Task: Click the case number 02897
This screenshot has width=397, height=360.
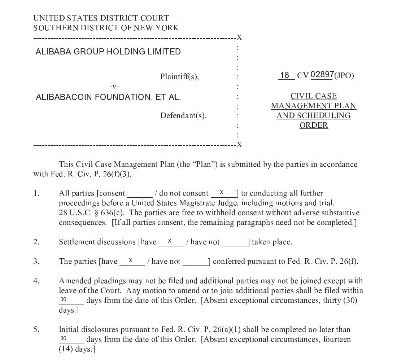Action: tap(322, 75)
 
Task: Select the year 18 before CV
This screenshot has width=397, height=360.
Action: tap(285, 75)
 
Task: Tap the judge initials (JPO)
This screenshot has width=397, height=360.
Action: tap(344, 75)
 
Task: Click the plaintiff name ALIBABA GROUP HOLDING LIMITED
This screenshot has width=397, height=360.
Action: tap(108, 52)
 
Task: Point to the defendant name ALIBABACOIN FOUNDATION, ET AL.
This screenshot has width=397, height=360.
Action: tap(108, 97)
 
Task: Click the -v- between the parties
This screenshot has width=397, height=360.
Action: tap(114, 87)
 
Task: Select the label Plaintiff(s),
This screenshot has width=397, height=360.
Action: tap(179, 76)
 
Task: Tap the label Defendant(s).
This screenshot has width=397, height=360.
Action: tap(183, 116)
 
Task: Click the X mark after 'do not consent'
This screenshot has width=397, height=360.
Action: tap(222, 193)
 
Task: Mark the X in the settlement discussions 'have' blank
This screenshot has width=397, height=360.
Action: tap(170, 241)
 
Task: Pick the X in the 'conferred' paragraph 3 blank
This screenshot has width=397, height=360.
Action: tap(131, 260)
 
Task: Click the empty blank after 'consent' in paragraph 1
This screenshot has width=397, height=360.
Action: tap(140, 194)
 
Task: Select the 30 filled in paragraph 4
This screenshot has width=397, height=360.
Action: tap(64, 299)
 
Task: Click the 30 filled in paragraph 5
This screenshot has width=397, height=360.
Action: tap(64, 338)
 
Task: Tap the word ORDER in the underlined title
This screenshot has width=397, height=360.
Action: tap(314, 126)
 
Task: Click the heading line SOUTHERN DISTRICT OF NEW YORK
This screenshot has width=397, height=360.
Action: tap(106, 28)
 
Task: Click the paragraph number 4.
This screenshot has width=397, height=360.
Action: tap(36, 281)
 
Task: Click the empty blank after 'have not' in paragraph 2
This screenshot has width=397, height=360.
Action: tap(234, 242)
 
